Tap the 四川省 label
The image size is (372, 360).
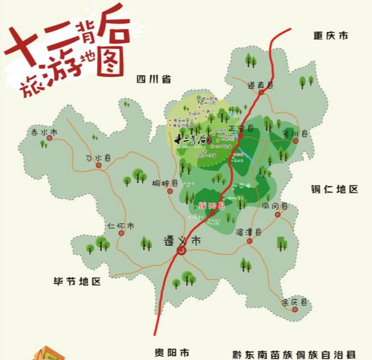click(153, 80)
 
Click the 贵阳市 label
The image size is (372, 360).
click(172, 352)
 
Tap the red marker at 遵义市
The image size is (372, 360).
click(182, 251)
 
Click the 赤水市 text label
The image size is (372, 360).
click(44, 132)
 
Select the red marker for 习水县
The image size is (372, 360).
click(99, 165)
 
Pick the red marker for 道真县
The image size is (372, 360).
click(262, 94)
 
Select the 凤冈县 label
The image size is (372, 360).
click(275, 206)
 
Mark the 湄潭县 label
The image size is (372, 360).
click(248, 232)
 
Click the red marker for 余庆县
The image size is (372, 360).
click(294, 309)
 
